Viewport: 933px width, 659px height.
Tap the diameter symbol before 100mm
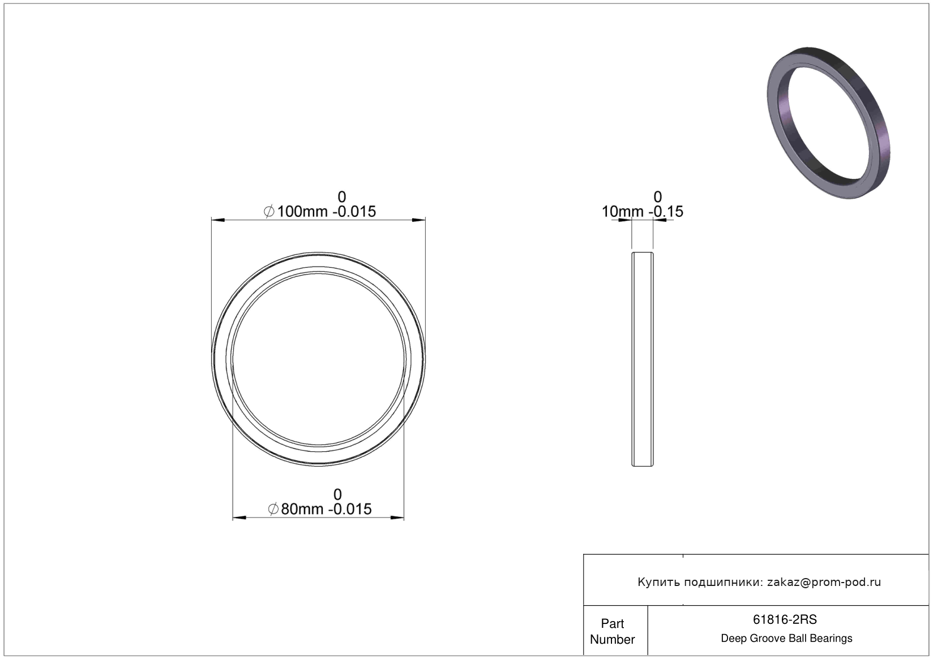pos(269,212)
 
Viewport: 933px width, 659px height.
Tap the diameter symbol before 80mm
pos(273,509)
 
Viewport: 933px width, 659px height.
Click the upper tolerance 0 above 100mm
pos(341,196)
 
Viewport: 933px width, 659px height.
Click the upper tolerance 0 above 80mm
pos(337,494)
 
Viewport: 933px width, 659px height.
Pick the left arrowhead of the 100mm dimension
pos(218,220)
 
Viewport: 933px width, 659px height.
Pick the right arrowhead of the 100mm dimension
pos(418,220)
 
